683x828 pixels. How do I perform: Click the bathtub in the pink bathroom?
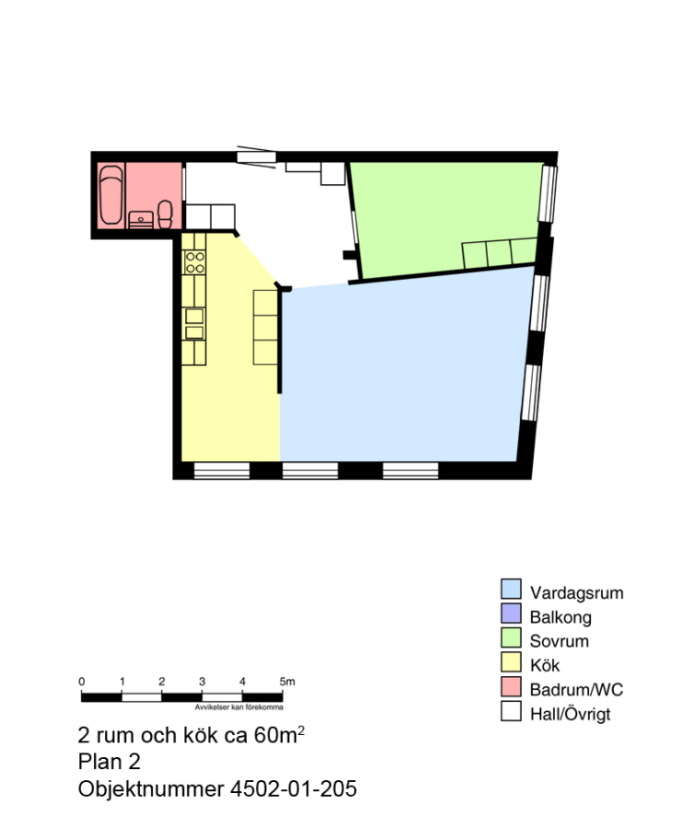[111, 195]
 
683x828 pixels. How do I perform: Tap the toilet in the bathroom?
[166, 214]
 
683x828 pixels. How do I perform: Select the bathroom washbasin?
[141, 220]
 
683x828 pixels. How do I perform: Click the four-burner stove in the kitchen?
[194, 262]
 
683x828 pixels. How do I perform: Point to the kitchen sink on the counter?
[194, 324]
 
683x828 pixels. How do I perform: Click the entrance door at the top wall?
[256, 156]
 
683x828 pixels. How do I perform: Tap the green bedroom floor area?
[444, 216]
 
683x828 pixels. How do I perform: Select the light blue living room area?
[401, 370]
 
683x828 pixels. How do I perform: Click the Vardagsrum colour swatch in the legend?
[511, 589]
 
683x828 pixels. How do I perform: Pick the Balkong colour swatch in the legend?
[511, 613]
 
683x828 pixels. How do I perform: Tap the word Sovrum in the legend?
[559, 641]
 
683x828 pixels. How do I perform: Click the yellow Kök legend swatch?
[511, 662]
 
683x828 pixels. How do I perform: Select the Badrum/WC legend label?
[576, 690]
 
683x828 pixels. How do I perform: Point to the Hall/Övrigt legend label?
[570, 715]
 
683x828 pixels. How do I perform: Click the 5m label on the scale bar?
[287, 682]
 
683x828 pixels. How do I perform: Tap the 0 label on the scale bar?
[82, 682]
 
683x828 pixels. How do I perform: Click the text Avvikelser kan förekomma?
[238, 707]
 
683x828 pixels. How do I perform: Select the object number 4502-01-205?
[293, 788]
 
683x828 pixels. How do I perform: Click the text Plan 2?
[110, 762]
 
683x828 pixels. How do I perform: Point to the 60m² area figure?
[279, 734]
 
